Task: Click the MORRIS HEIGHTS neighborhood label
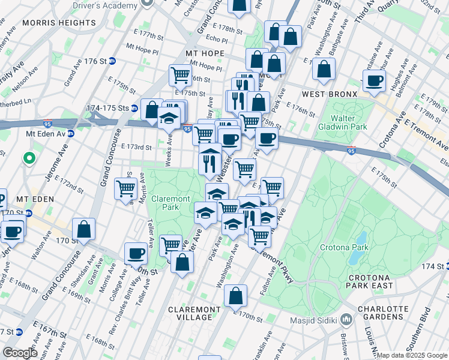click(x=59, y=23)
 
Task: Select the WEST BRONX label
click(x=330, y=94)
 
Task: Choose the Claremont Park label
click(x=170, y=203)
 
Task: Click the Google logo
click(x=20, y=353)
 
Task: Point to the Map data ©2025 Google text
click(x=412, y=355)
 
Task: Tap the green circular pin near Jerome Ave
click(x=28, y=158)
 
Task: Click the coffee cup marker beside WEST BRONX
click(x=375, y=81)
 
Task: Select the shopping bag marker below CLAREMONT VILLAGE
click(x=236, y=295)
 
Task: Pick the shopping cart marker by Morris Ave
click(x=126, y=188)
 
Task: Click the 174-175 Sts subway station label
click(x=108, y=109)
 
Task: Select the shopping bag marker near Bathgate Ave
click(x=324, y=70)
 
